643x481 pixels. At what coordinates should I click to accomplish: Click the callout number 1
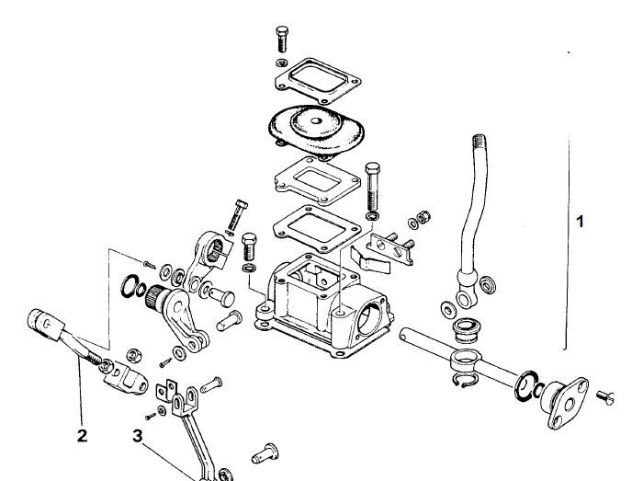click(x=580, y=222)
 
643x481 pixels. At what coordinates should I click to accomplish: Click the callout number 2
click(x=82, y=435)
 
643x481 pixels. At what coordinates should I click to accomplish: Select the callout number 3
click(x=138, y=435)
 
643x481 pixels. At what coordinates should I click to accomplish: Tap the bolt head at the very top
click(x=282, y=31)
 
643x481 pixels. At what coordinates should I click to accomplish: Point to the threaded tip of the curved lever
click(x=479, y=142)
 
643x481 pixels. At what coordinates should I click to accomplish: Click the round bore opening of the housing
click(x=369, y=319)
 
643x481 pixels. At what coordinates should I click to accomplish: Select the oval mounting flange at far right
click(x=568, y=404)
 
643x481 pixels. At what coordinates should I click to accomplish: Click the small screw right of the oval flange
click(x=604, y=397)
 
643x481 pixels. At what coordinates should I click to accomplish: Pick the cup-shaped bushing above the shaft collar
click(x=467, y=330)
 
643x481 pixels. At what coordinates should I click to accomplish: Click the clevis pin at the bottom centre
click(x=265, y=453)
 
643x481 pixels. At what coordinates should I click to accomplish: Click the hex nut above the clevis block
click(x=134, y=355)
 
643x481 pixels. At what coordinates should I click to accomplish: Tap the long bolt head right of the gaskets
click(x=372, y=168)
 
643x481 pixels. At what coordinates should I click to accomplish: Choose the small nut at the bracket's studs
click(x=423, y=216)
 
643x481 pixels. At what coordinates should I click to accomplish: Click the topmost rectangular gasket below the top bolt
click(x=318, y=80)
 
